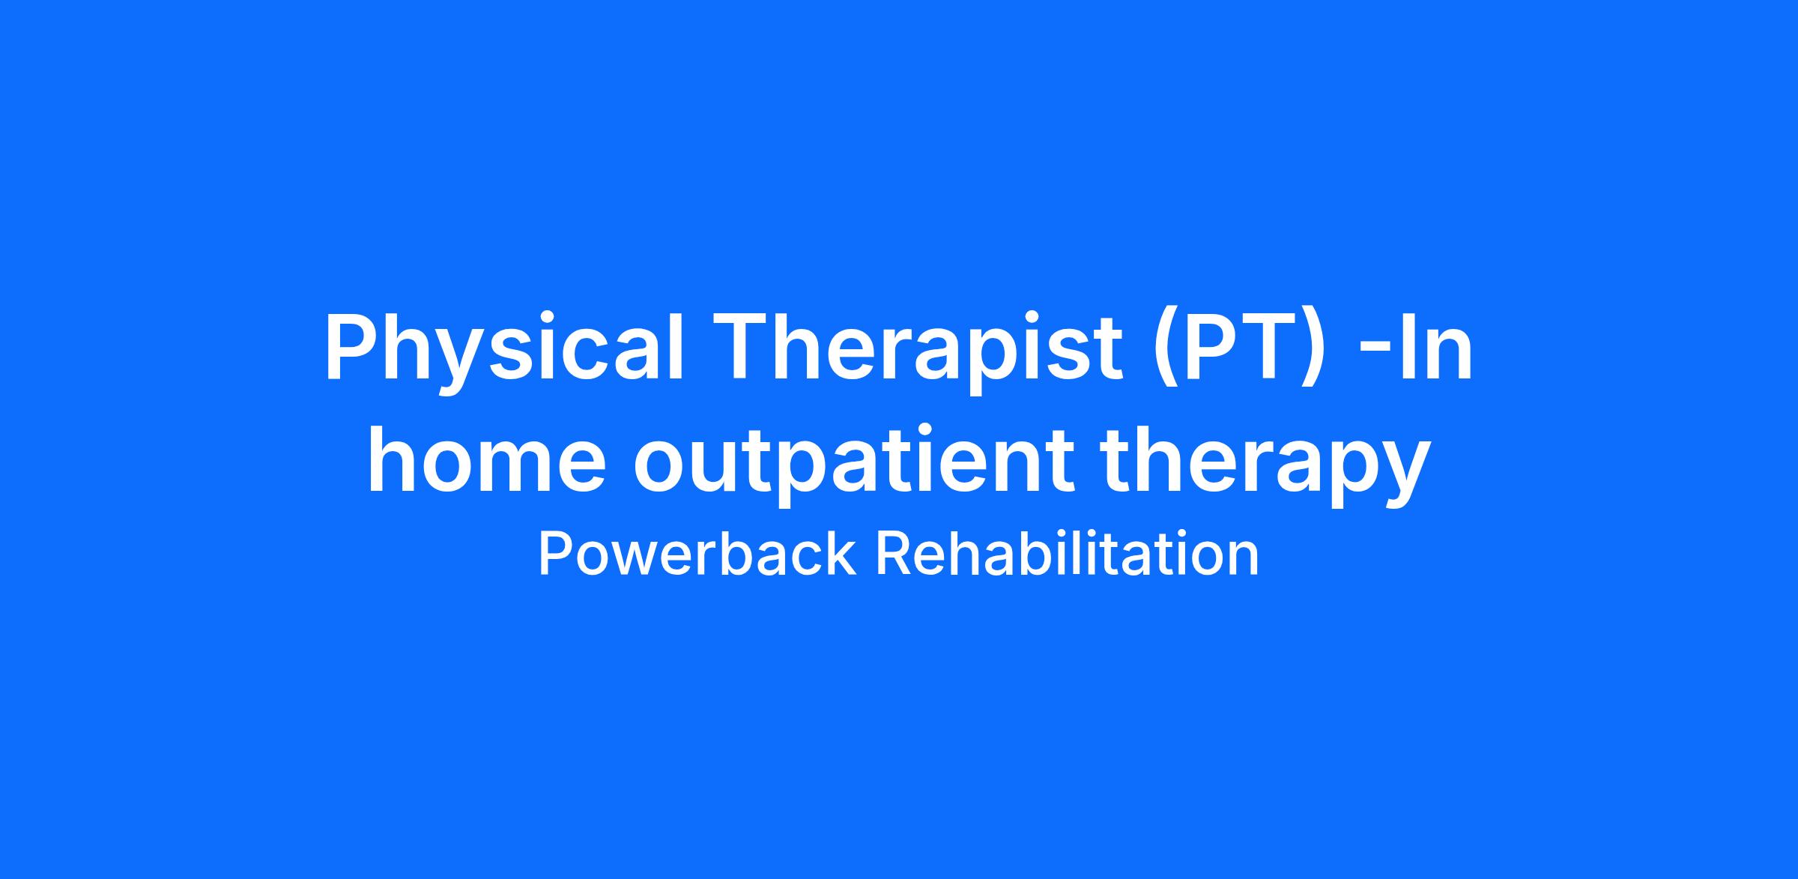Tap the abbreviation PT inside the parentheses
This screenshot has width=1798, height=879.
click(1238, 348)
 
